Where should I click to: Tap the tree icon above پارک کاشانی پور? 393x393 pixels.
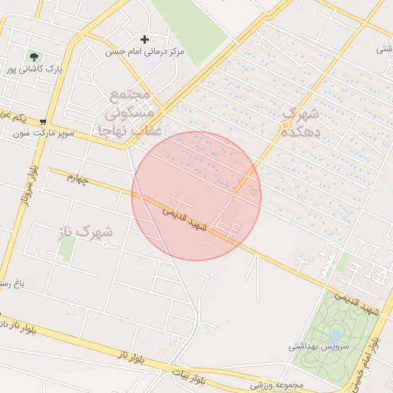(34, 56)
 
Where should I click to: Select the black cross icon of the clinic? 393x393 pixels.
(144, 39)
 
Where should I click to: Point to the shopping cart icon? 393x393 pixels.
(43, 121)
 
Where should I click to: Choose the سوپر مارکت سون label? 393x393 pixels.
(43, 133)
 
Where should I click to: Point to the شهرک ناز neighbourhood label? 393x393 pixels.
(84, 231)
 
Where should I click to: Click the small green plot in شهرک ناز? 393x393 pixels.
(68, 247)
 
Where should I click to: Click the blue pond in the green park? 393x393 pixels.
(335, 336)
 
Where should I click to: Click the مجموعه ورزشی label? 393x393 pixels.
(278, 385)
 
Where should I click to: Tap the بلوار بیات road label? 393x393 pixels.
(190, 376)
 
